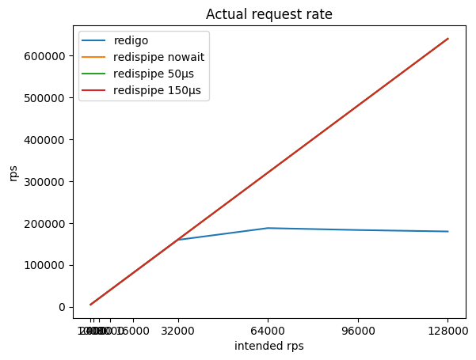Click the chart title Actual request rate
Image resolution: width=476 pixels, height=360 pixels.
point(268,13)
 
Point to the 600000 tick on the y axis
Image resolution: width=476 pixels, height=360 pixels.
point(49,56)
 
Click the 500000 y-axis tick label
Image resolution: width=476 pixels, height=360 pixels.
point(49,98)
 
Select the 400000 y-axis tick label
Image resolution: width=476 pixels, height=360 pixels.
point(49,140)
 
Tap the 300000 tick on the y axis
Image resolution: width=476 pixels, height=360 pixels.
point(49,182)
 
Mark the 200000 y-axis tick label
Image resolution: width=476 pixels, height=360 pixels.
point(49,224)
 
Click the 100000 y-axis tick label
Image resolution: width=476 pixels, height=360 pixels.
point(49,265)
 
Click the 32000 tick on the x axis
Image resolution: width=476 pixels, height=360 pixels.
point(179,332)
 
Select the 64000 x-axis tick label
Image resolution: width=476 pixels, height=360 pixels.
point(268,332)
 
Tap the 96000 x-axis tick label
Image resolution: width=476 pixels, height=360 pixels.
point(358,332)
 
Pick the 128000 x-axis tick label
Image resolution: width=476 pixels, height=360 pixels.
point(447,332)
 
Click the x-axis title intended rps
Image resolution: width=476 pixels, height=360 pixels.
point(268,347)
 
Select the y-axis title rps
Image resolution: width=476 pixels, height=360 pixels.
point(14,173)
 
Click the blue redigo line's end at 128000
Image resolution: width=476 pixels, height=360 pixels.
point(448,232)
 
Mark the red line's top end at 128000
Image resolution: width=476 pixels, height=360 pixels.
point(448,39)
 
